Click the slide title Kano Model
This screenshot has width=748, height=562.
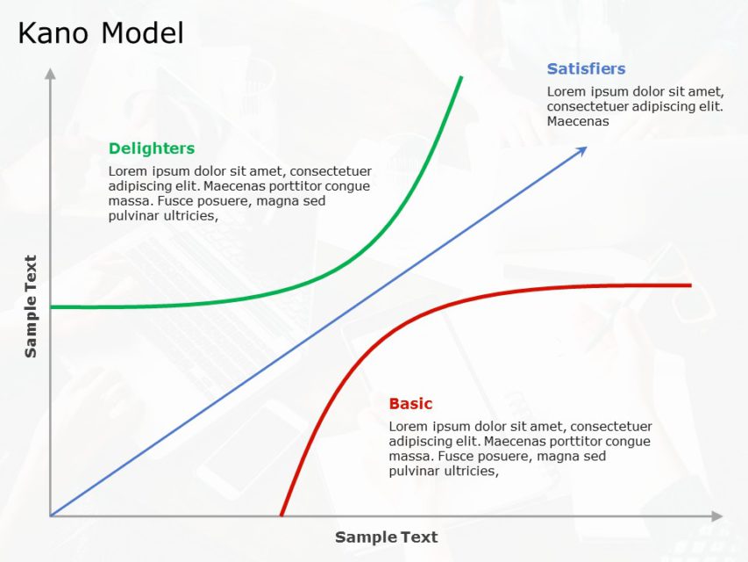coord(101,33)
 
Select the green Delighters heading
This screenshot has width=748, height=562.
coord(152,148)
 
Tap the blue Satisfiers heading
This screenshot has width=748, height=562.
coord(586,68)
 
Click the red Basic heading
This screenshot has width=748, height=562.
coord(410,404)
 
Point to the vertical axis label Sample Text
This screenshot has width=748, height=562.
coord(31,306)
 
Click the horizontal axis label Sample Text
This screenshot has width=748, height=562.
coord(386,537)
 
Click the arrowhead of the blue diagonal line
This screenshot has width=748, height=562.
coord(582,150)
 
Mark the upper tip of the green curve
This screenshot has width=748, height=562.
coord(461,77)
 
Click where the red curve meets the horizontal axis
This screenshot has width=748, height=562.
coord(281,515)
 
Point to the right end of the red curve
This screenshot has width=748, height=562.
coord(690,285)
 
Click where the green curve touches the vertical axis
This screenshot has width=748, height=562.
coord(52,306)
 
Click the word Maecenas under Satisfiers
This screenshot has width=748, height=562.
coord(577,121)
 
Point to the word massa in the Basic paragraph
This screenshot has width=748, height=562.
coord(408,456)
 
